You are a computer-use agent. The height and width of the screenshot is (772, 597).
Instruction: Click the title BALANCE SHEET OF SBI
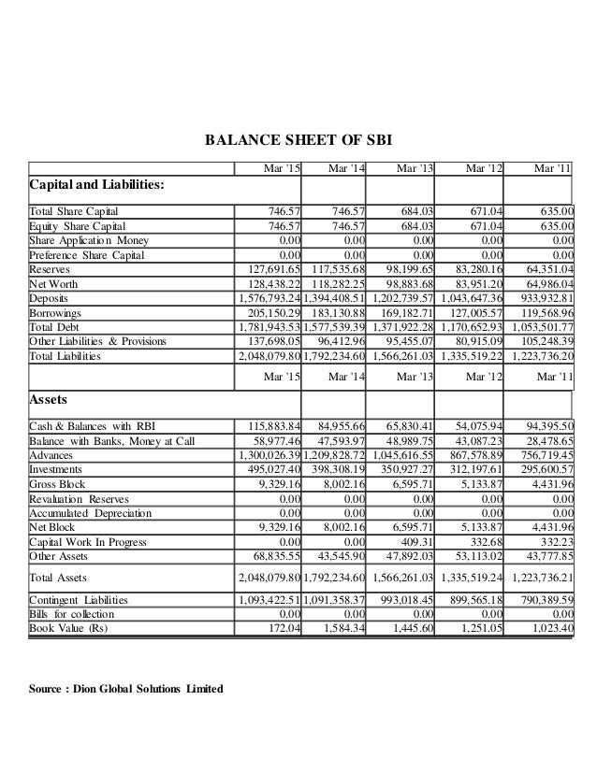[x=298, y=141]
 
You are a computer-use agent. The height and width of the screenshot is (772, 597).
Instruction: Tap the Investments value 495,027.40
[x=269, y=468]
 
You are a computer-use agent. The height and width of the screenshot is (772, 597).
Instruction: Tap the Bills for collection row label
[x=72, y=613]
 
